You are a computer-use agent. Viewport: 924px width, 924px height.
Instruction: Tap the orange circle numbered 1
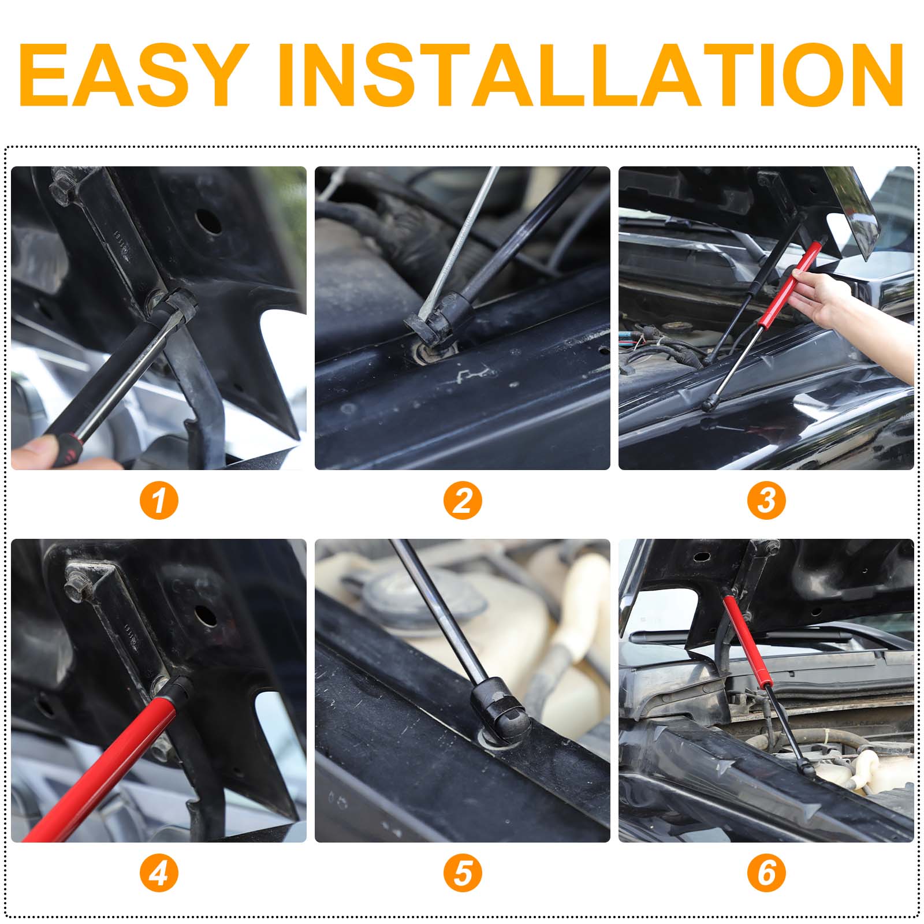pos(159,500)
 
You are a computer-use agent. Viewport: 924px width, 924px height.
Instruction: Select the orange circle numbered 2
pos(463,500)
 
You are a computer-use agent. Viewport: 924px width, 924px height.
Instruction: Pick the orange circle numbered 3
pos(766,500)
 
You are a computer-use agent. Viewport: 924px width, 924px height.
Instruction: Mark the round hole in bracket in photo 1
pos(209,220)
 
